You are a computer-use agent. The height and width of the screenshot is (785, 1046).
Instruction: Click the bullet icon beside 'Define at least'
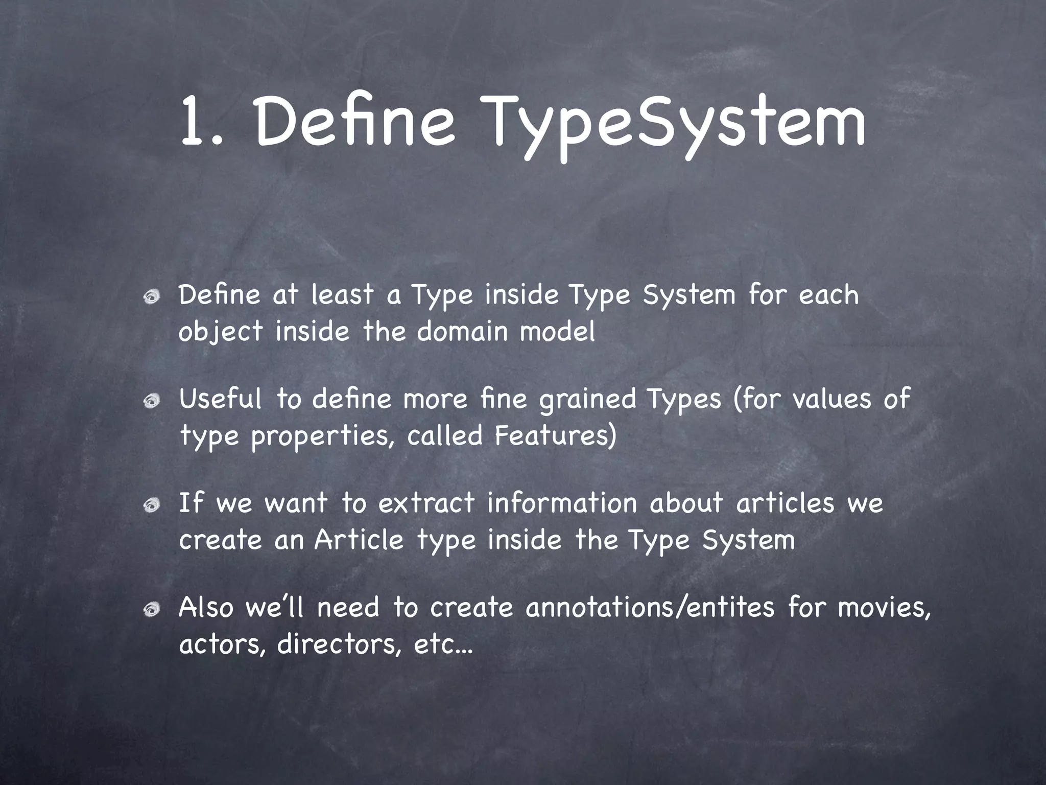tap(151, 297)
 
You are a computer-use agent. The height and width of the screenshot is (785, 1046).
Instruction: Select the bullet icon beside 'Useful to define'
tap(151, 401)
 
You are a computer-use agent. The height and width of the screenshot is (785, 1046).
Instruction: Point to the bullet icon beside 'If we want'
tap(151, 505)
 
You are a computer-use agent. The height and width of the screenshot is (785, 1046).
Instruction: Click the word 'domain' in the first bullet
tap(462, 332)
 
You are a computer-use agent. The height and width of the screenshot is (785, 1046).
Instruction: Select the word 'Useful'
tap(220, 399)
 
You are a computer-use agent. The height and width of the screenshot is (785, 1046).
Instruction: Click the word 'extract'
tap(426, 503)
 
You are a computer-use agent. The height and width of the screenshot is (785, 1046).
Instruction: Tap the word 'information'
tap(562, 503)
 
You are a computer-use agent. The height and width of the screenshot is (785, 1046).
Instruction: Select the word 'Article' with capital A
tap(359, 540)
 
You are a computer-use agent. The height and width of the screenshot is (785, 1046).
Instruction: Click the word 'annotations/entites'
tap(650, 608)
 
